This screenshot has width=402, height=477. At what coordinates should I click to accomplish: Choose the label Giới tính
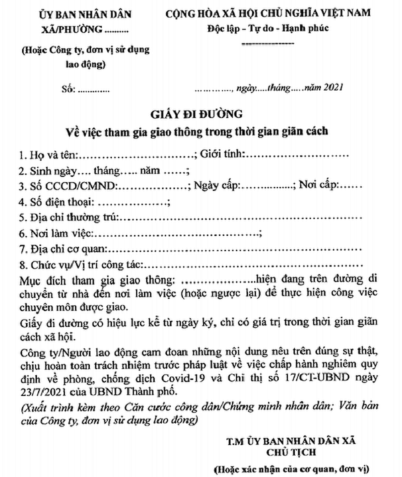(x=224, y=154)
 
